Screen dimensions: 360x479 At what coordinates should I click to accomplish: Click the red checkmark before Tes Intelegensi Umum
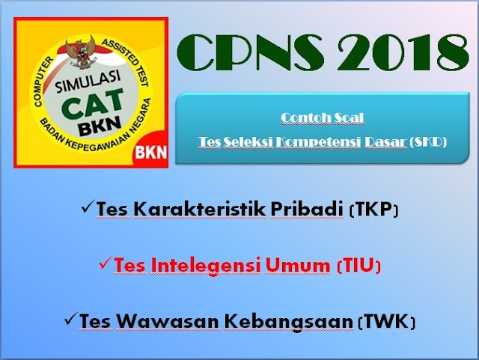pyautogui.click(x=106, y=263)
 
